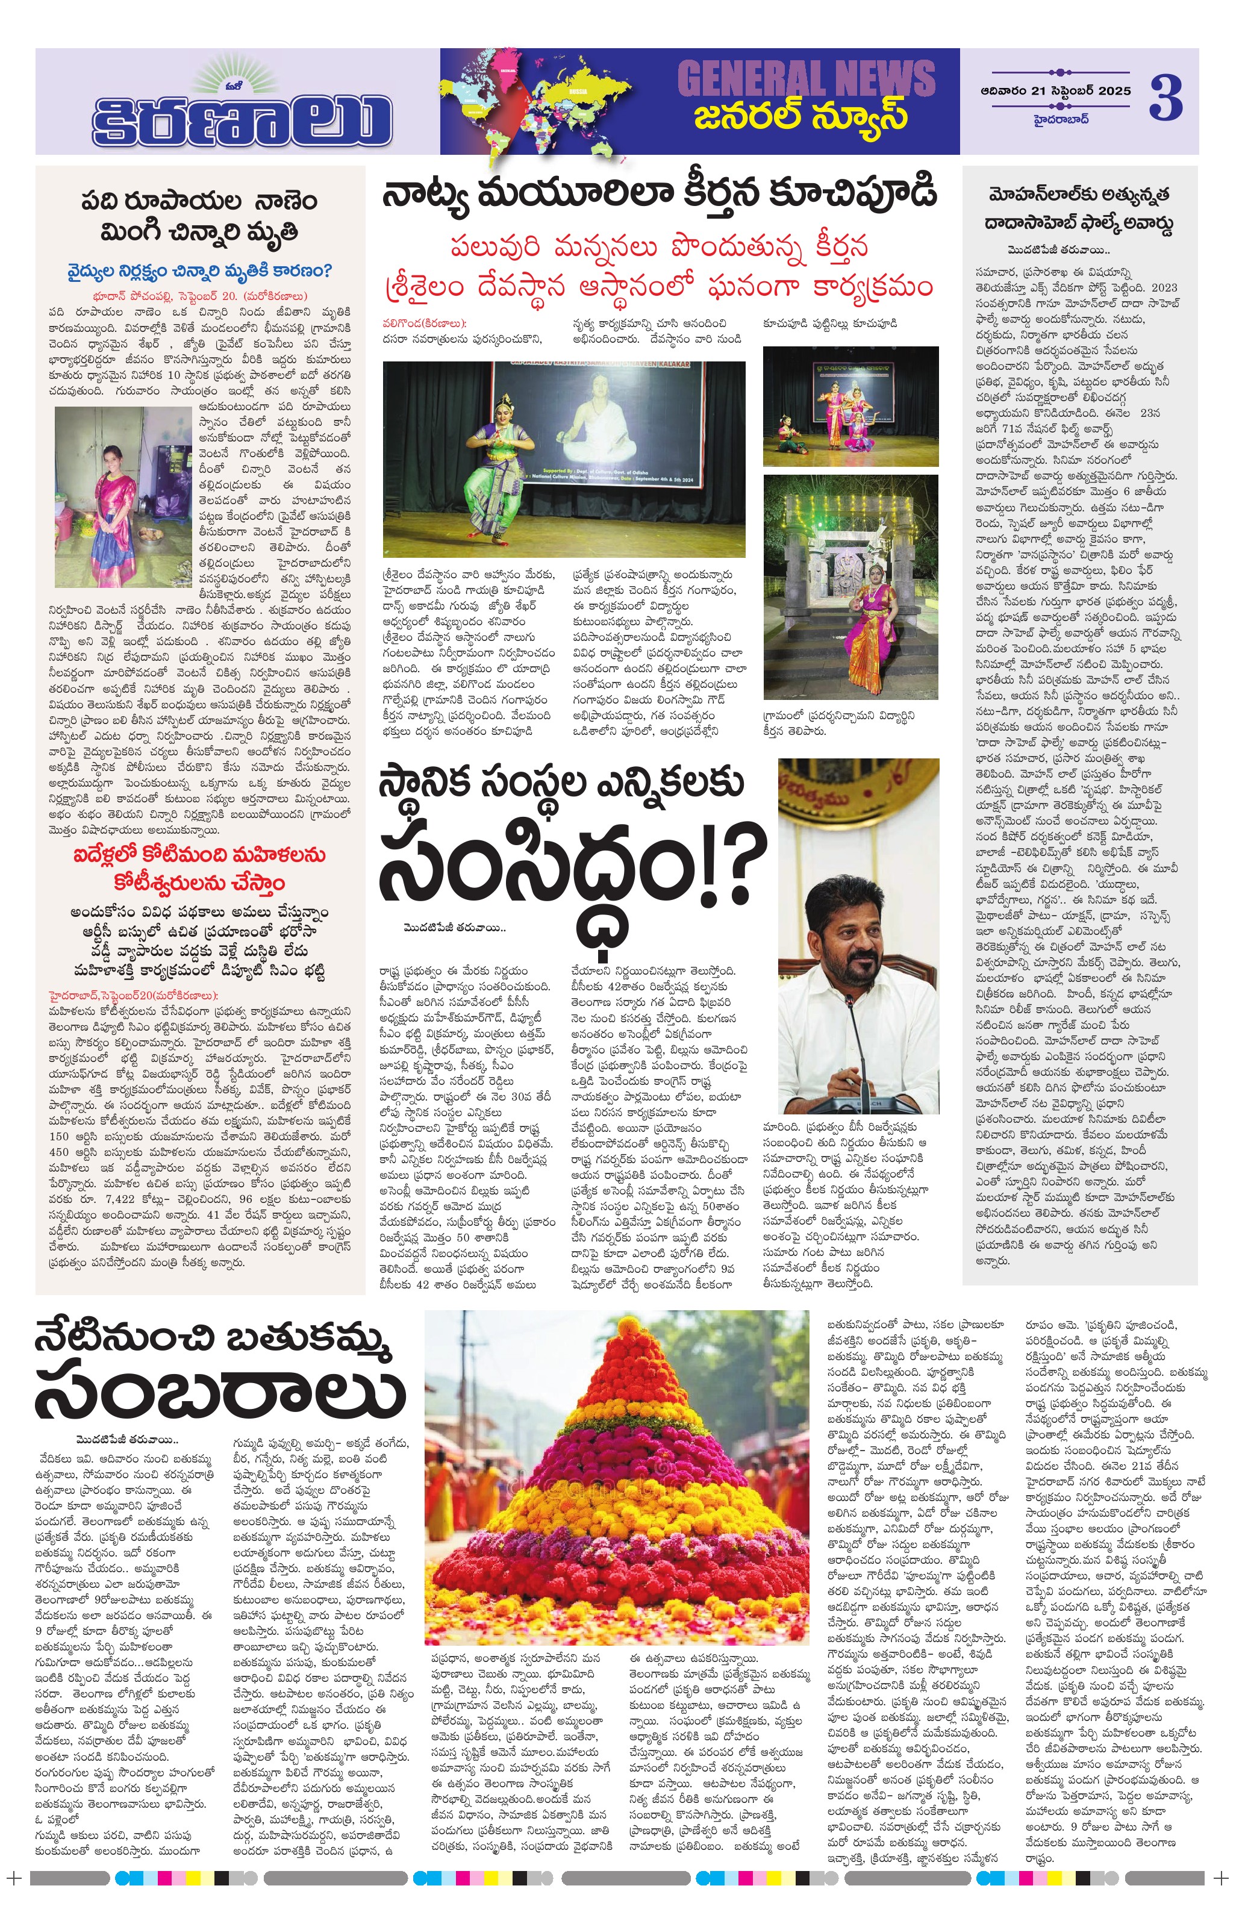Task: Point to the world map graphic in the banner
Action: [532, 101]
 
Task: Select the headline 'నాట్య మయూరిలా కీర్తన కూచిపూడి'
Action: [659, 194]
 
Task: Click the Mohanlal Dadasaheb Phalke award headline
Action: [1079, 208]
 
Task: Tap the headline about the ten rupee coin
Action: [199, 216]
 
